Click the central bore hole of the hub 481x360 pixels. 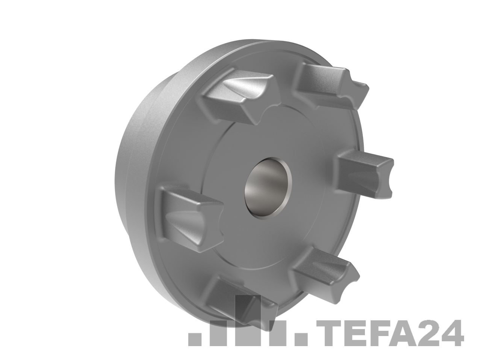pyautogui.click(x=268, y=189)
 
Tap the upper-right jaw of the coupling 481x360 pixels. pyautogui.click(x=331, y=86)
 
